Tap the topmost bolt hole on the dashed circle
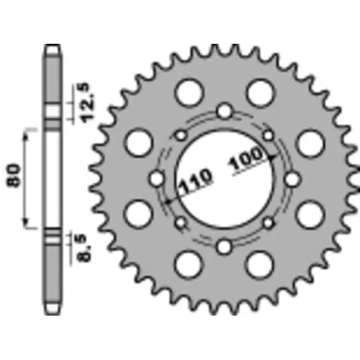[225, 112]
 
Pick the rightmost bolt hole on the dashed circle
[292, 179]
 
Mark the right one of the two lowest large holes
[260, 265]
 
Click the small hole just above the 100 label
[268, 136]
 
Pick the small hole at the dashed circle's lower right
[268, 223]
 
